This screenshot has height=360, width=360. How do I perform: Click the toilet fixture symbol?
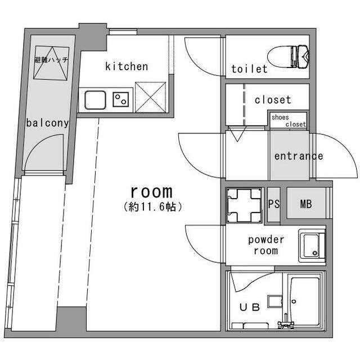289,56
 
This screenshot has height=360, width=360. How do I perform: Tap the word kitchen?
127,66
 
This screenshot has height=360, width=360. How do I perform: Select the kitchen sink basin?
95,100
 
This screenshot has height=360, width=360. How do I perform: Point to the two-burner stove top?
121,100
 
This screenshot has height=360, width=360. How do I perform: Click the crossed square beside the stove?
150,97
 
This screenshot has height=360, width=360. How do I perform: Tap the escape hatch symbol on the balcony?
51,63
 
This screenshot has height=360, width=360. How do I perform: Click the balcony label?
47,123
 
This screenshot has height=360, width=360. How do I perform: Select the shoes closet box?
289,120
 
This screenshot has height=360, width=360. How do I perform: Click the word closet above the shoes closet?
273,100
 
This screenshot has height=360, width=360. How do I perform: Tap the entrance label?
299,156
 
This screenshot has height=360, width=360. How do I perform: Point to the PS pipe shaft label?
274,204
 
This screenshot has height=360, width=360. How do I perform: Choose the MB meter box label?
306,204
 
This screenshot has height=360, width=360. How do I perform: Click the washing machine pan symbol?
244,205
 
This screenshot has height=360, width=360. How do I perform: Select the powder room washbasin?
312,246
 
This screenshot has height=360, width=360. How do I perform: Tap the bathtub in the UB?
305,301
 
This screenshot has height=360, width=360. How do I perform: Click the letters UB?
250,307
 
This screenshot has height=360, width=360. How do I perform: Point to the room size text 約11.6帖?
153,207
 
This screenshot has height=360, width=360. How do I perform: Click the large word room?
151,192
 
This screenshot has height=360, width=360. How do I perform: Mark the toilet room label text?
249,69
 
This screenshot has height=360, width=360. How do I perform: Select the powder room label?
266,245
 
